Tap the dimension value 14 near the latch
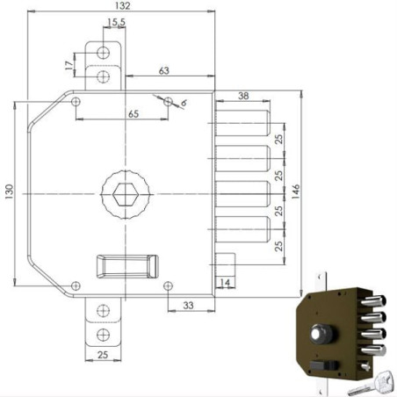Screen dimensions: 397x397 click(x=226, y=283)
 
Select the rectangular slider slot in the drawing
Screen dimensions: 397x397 click(x=126, y=266)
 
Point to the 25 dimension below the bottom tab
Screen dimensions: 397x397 click(x=104, y=355)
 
